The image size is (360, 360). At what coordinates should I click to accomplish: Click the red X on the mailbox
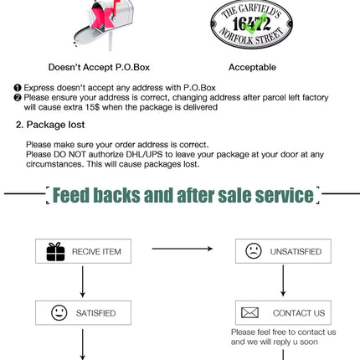pos(103,18)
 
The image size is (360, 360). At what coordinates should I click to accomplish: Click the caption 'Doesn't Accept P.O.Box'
pos(99,67)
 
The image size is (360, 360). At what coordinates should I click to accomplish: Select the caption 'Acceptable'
pos(252,67)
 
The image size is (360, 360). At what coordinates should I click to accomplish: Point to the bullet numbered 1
pos(18,88)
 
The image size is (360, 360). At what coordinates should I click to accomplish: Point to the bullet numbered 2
pos(18,98)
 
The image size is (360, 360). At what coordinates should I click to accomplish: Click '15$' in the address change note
pos(92,107)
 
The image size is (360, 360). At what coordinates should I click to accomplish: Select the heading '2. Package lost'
pos(50,125)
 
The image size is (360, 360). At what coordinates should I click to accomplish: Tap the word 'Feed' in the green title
pos(71,195)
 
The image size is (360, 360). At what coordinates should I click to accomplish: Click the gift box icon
pos(55,252)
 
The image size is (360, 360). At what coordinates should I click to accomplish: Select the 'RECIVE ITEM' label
pos(96,252)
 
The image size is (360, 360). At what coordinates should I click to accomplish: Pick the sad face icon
pos(254,250)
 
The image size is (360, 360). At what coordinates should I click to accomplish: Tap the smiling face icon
pos(59,312)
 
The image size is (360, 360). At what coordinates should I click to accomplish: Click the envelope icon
pos(249,313)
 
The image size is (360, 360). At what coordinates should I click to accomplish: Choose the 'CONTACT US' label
pos(299,313)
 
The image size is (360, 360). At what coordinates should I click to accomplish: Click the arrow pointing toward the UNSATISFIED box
pos(183,249)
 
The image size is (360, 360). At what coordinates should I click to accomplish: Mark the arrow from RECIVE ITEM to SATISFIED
pos(83,282)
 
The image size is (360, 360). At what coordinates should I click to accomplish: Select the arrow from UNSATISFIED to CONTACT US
pos(283,280)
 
